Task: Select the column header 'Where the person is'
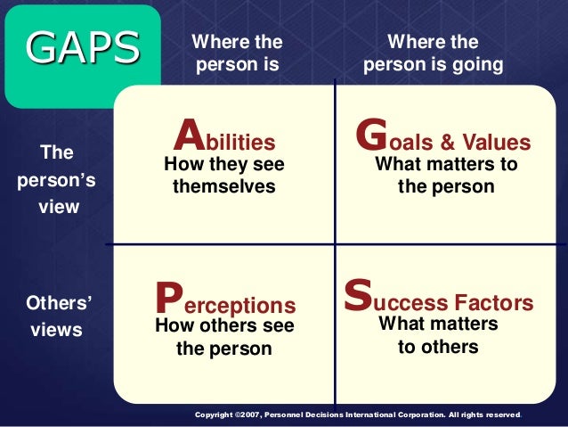pyautogui.click(x=237, y=53)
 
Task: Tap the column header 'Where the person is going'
pyautogui.click(x=434, y=53)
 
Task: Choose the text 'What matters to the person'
pyautogui.click(x=446, y=176)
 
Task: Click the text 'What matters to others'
pyautogui.click(x=438, y=335)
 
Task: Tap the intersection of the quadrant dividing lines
pyautogui.click(x=335, y=243)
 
